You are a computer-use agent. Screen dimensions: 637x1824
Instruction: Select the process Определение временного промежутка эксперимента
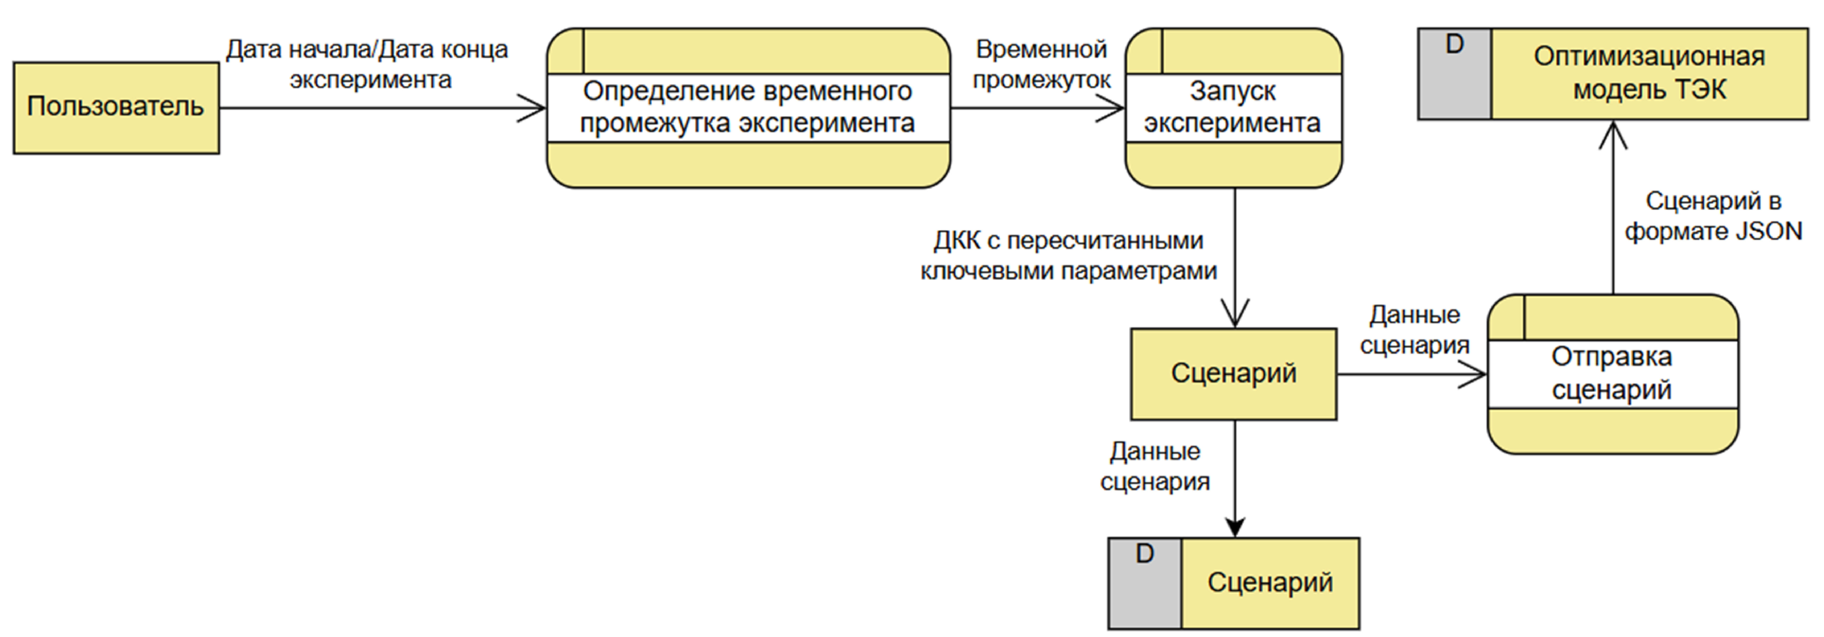pyautogui.click(x=748, y=108)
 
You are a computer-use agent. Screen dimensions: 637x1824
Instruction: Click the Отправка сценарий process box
pyautogui.click(x=1612, y=374)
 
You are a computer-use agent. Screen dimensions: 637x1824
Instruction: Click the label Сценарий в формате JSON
pyautogui.click(x=1713, y=216)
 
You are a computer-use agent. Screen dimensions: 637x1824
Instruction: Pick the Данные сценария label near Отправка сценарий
pyautogui.click(x=1414, y=330)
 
